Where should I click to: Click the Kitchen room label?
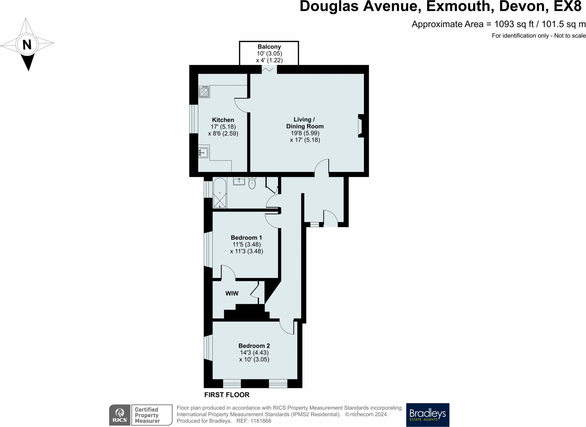click(x=223, y=120)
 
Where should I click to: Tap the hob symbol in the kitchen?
click(x=204, y=91)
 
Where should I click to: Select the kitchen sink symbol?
click(x=203, y=153)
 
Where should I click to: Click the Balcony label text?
click(x=269, y=47)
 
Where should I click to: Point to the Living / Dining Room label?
click(x=305, y=123)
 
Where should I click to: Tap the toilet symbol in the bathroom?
click(x=252, y=183)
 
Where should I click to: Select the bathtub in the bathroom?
click(x=220, y=193)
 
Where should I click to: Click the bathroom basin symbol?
click(x=239, y=181)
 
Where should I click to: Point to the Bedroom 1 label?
click(x=246, y=237)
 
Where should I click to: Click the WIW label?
click(x=232, y=293)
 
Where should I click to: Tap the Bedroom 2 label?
click(x=254, y=346)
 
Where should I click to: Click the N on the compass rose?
click(x=27, y=44)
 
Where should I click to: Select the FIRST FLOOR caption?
click(x=227, y=395)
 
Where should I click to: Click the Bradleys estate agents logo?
click(x=428, y=415)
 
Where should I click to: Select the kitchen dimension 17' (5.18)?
click(x=223, y=127)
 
